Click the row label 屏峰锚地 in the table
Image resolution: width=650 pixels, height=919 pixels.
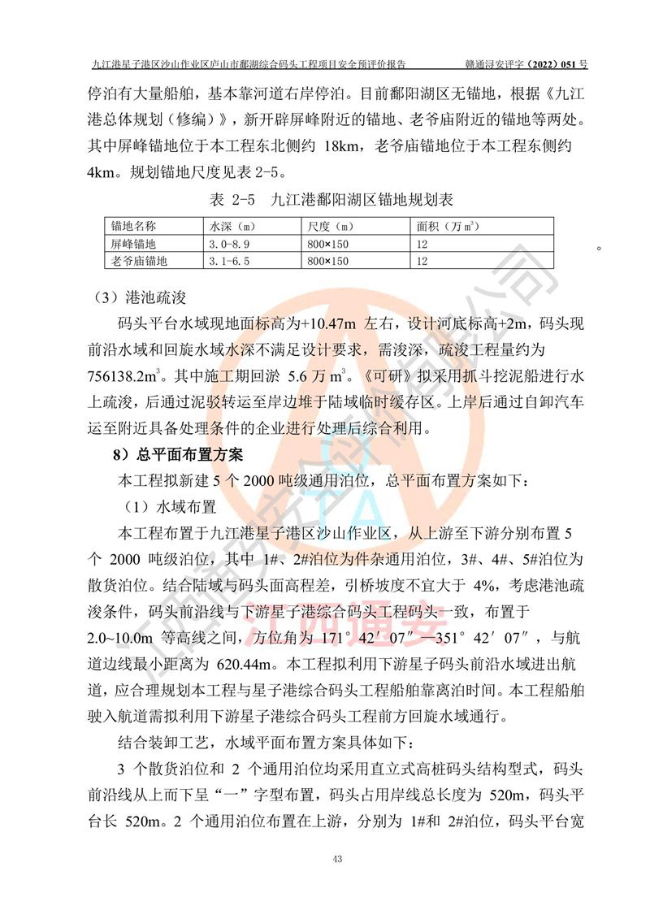tap(134, 244)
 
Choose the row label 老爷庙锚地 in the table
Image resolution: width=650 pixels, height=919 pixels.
tap(140, 261)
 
